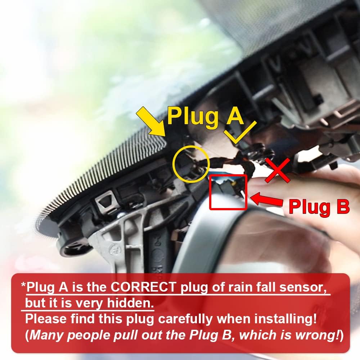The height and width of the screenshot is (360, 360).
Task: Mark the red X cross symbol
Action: [x=277, y=170]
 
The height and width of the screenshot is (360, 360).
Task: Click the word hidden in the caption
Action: [x=130, y=303]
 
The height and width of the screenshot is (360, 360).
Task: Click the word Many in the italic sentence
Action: [x=46, y=335]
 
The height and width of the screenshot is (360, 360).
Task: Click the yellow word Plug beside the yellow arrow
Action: [x=192, y=116]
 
